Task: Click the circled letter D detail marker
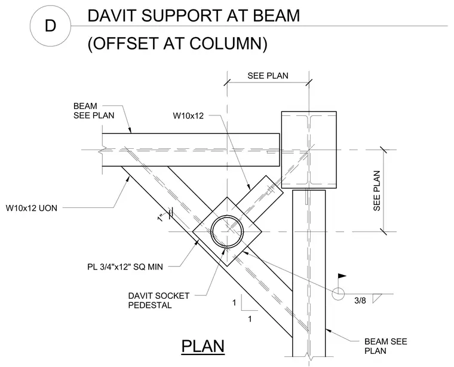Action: tap(50, 26)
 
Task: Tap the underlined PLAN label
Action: tap(203, 347)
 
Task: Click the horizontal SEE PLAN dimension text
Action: tap(268, 76)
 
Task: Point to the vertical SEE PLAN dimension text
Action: tap(376, 191)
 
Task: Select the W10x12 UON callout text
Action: tap(32, 208)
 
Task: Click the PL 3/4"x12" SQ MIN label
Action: tap(125, 267)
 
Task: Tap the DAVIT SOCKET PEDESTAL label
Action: tap(159, 301)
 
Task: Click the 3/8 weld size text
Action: tap(360, 301)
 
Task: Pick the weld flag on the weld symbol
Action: tap(342, 276)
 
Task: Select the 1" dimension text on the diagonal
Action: tap(161, 218)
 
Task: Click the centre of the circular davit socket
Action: tap(227, 232)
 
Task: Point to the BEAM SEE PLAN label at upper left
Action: tap(94, 111)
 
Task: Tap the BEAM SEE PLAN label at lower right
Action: tap(386, 346)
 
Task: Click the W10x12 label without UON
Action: tap(188, 116)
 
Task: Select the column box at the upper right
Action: tap(309, 150)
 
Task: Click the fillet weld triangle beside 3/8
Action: tap(376, 298)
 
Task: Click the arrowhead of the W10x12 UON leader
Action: tap(127, 179)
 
